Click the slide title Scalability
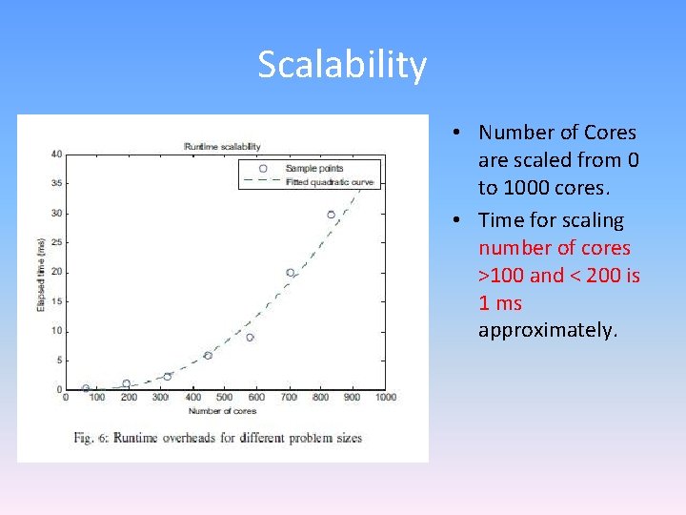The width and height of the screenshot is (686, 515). (x=342, y=65)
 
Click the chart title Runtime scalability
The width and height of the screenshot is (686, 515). (x=222, y=146)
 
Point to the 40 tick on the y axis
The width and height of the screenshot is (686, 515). (x=57, y=154)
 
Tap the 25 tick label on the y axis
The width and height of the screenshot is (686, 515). (x=57, y=242)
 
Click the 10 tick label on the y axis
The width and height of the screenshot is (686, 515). (x=57, y=331)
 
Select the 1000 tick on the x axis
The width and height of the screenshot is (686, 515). (x=384, y=397)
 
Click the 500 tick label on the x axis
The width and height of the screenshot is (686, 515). (x=224, y=397)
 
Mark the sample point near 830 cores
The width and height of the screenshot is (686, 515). (x=332, y=215)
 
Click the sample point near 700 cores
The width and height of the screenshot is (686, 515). (x=291, y=273)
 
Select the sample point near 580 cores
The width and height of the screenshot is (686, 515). (x=250, y=338)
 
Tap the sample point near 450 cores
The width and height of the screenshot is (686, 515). (x=208, y=355)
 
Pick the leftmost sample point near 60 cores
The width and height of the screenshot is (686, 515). (x=86, y=388)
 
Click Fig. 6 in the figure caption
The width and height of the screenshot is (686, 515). (x=91, y=438)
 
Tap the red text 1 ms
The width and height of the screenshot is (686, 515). (x=500, y=303)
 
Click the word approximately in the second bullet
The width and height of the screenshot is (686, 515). (x=547, y=330)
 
